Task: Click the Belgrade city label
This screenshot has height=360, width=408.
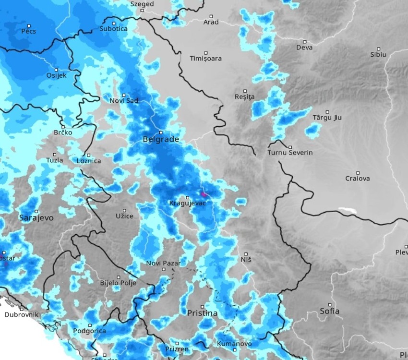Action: click(x=160, y=140)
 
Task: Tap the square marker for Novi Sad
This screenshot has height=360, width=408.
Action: click(x=123, y=95)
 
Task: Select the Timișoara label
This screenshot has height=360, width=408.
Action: click(x=205, y=59)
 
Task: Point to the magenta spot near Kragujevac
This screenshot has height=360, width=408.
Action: click(x=204, y=194)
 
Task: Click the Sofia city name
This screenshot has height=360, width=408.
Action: click(x=330, y=312)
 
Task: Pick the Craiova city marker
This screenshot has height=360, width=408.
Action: click(x=358, y=173)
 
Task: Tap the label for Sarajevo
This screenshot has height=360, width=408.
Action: click(x=36, y=218)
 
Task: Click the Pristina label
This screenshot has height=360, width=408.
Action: click(x=202, y=313)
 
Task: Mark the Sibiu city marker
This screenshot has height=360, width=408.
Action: click(x=378, y=48)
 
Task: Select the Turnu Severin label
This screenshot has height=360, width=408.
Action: click(x=290, y=153)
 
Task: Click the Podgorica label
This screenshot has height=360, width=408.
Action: click(x=89, y=331)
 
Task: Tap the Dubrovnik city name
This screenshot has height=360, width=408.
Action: click(x=21, y=315)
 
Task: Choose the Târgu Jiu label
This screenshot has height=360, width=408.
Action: click(x=327, y=118)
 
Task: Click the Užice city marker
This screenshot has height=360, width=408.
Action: click(x=124, y=210)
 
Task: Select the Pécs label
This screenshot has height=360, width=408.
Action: click(x=29, y=31)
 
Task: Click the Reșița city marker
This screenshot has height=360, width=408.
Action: click(x=245, y=91)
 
